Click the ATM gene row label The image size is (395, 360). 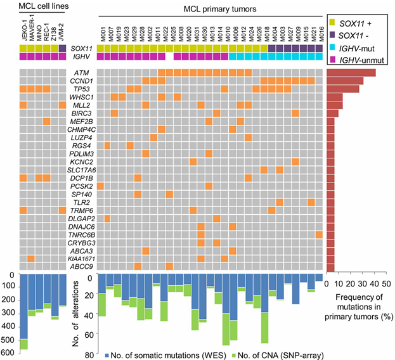pyautogui.click(x=82, y=73)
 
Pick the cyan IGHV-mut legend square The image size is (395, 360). pyautogui.click(x=333, y=48)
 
